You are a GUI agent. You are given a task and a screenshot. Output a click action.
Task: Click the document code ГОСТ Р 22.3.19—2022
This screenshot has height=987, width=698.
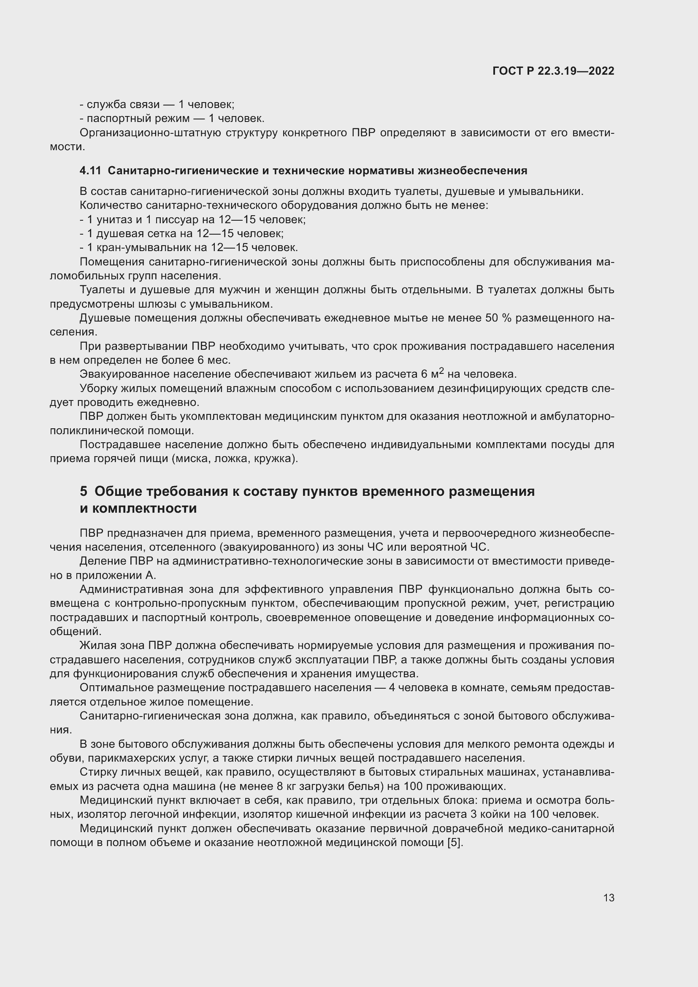553,71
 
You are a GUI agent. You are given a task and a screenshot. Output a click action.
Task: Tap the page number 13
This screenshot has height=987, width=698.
609,898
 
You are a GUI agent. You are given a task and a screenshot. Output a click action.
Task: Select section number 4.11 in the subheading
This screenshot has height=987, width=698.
90,171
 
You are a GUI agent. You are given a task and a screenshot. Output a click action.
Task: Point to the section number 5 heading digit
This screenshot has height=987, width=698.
84,491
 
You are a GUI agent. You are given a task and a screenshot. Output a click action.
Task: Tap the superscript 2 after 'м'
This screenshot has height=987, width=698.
441,371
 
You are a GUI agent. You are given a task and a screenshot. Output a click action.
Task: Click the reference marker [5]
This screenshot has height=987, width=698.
455,843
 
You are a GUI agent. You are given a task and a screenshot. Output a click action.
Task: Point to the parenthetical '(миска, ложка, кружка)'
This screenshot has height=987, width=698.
235,459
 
